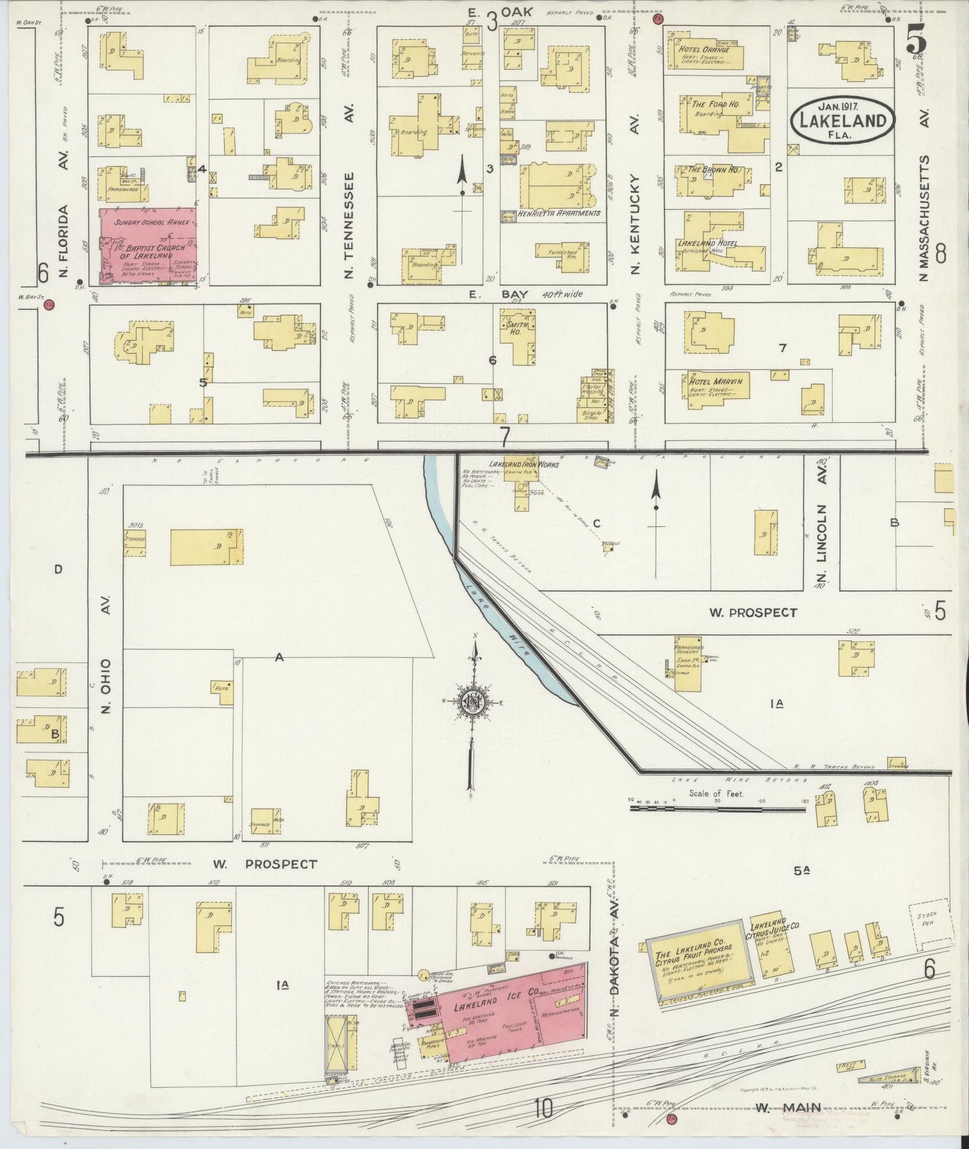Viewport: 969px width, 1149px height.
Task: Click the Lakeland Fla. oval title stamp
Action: (843, 120)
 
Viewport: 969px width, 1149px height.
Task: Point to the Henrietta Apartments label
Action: (558, 213)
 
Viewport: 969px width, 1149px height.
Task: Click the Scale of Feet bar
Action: (718, 809)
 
